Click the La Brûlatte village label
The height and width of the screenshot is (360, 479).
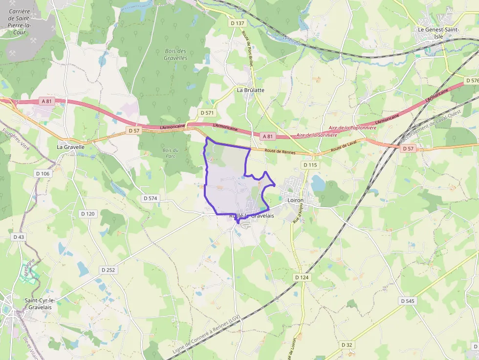(250, 90)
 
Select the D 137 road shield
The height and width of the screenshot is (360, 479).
(237, 23)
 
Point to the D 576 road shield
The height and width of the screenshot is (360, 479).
(472, 80)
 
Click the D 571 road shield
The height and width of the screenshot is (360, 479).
(207, 113)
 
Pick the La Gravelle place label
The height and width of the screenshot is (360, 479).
(71, 147)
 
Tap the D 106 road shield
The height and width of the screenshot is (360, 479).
(43, 173)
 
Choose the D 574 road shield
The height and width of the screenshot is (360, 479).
(151, 198)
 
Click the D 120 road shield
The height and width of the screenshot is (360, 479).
(88, 213)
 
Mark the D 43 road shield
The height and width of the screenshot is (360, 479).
(19, 237)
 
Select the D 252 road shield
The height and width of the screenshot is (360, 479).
(108, 270)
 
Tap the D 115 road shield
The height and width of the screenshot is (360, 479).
(310, 165)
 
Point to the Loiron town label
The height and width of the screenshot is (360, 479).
(295, 200)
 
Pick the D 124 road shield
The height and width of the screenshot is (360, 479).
(302, 277)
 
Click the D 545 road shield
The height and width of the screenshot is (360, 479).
(407, 301)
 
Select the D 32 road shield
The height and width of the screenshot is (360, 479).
(347, 345)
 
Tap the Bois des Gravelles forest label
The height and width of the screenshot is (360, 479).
(175, 54)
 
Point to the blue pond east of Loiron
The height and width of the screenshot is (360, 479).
(318, 183)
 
